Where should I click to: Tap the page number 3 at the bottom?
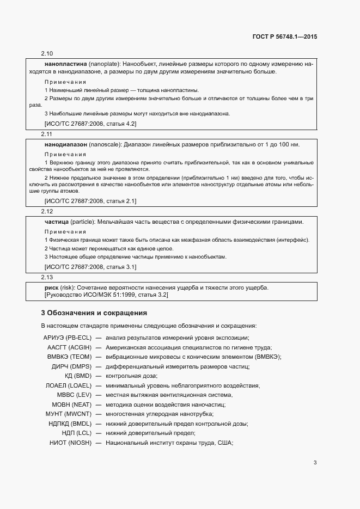click(x=315, y=463)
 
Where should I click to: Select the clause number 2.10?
click(x=47, y=53)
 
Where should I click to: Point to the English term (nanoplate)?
click(x=104, y=64)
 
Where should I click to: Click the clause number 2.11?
click(x=47, y=133)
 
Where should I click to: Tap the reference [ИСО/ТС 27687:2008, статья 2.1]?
click(x=90, y=201)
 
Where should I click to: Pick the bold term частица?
click(x=56, y=222)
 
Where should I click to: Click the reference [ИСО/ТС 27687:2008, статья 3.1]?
click(x=90, y=267)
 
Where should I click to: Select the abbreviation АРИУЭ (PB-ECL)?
click(x=67, y=338)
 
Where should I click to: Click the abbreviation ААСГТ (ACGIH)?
click(x=69, y=347)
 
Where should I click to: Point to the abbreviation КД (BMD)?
click(x=78, y=376)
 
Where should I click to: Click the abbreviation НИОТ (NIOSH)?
click(x=70, y=442)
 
